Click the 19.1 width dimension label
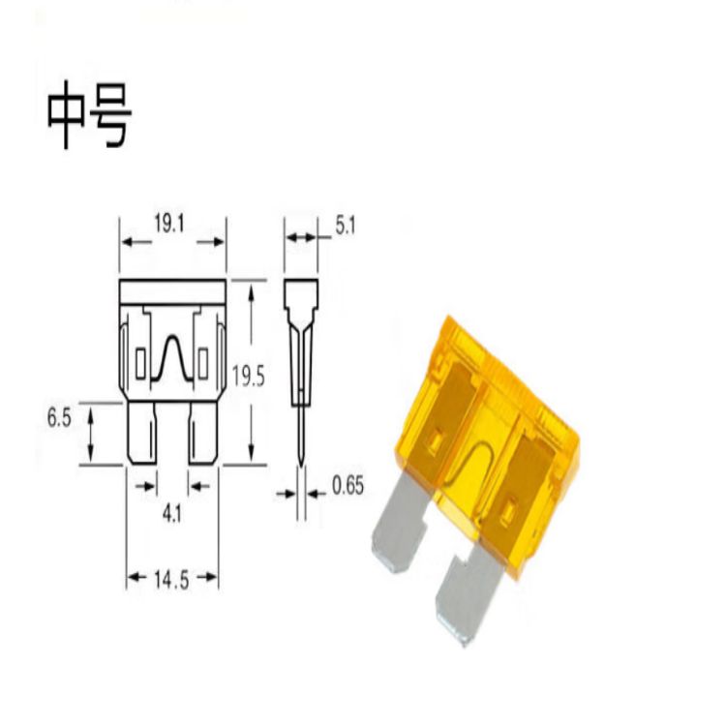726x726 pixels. (x=169, y=225)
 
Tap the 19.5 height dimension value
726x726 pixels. (x=248, y=376)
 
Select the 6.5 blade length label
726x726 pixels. (x=59, y=417)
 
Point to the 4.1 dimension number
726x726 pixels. (x=172, y=514)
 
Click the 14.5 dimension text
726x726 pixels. (x=171, y=579)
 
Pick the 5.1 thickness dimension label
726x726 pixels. (x=345, y=227)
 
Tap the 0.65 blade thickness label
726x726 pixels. (x=348, y=486)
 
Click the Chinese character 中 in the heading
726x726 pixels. (x=66, y=115)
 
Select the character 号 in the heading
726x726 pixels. (x=110, y=115)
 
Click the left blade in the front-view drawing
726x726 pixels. (x=141, y=433)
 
